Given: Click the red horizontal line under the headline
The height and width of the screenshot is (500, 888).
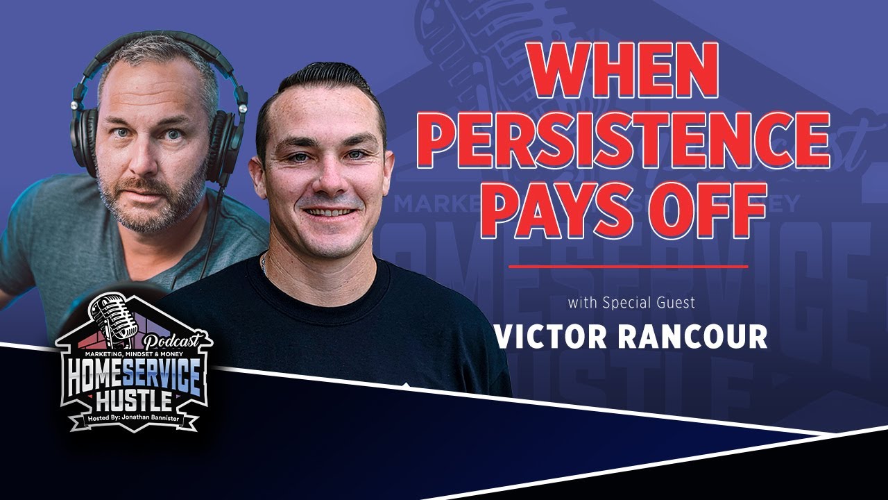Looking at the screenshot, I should (x=628, y=266).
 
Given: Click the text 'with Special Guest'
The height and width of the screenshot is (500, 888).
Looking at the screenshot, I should (x=631, y=303).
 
